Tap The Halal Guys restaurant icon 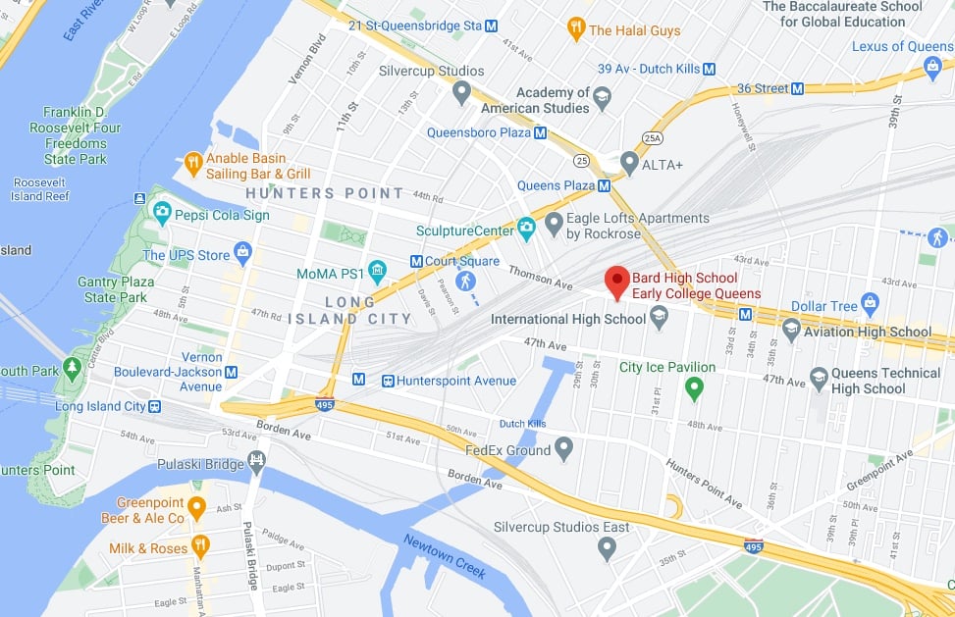tap(576, 29)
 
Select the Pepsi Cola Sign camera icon tap(160, 214)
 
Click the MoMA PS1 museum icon tap(377, 271)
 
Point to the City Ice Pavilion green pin tap(695, 388)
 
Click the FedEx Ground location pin tap(563, 449)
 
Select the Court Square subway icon tap(416, 261)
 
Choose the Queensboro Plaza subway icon tap(540, 132)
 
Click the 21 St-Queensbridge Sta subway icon tap(491, 25)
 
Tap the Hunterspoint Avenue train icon tap(389, 381)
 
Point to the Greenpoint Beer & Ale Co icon tap(196, 508)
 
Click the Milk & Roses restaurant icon tap(200, 546)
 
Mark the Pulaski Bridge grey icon tap(257, 459)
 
